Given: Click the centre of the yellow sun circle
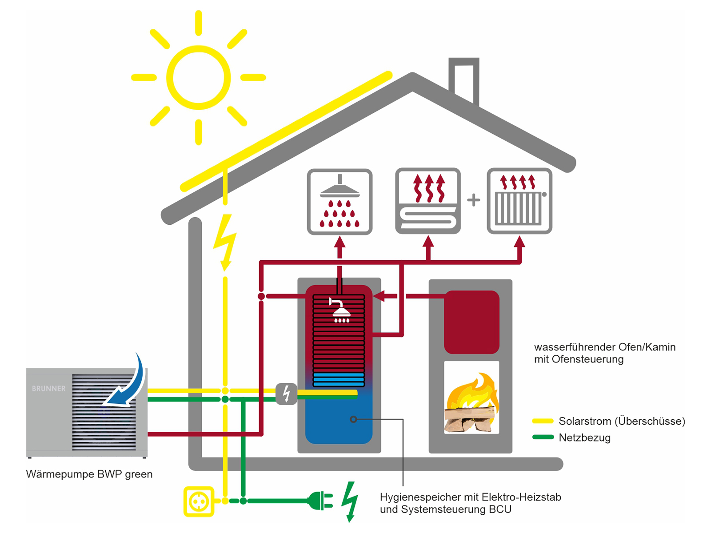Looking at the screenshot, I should (x=198, y=78).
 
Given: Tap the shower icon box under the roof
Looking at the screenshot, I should (x=340, y=202).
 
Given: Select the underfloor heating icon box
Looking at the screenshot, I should (x=427, y=201).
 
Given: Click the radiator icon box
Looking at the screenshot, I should (x=519, y=201).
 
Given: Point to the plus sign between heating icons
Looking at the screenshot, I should (x=474, y=200).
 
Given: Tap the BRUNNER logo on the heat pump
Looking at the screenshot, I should (x=48, y=388).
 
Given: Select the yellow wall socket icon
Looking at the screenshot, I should (x=199, y=501).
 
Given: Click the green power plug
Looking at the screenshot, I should (x=320, y=501).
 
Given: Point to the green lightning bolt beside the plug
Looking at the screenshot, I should (x=350, y=501).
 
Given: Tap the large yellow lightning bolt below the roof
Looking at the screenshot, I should (x=225, y=242).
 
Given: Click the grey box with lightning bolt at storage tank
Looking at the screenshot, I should (x=286, y=394).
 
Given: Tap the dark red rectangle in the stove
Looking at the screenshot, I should (x=471, y=322).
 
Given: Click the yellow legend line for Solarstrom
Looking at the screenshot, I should (x=543, y=421).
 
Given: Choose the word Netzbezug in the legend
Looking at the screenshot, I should (x=584, y=438).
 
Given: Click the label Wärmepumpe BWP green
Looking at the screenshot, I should (x=89, y=474).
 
